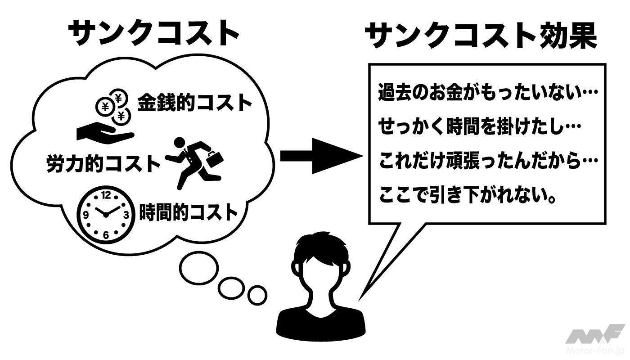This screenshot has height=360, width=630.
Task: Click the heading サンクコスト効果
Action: pos(481,36)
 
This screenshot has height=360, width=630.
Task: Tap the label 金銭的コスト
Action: pos(194,103)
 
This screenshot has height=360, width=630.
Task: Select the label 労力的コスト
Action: pos(103,163)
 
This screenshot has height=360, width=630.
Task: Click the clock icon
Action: pos(106,214)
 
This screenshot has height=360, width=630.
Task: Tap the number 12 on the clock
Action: pos(106,195)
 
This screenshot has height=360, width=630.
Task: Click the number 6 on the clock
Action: pos(106,234)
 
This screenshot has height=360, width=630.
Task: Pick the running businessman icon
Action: pos(194,163)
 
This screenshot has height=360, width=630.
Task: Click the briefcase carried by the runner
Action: pos(215,159)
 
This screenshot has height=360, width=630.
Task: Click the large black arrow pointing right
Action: pos(320,157)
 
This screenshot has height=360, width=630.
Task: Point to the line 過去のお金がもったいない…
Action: pos(488,93)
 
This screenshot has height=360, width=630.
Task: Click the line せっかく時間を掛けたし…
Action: pos(479,127)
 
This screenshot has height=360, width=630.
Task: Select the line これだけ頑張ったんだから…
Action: pos(488,162)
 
